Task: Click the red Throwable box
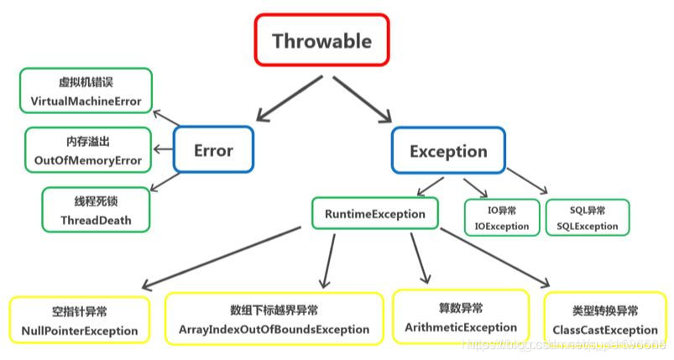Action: point(321,39)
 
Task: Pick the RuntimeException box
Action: point(374,214)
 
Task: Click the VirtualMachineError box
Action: point(86,91)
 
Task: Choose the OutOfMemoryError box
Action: point(88,149)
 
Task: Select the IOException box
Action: point(501,217)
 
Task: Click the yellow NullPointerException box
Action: point(80,320)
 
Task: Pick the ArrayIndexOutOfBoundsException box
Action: point(274,318)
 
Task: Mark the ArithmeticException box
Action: point(461,316)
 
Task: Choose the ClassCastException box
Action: point(604,319)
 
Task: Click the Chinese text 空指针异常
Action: point(80,310)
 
